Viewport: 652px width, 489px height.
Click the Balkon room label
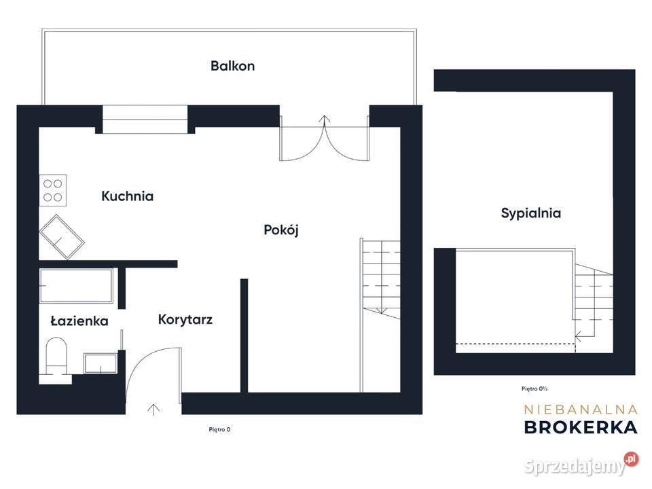pyautogui.click(x=232, y=66)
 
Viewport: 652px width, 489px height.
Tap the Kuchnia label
pyautogui.click(x=127, y=196)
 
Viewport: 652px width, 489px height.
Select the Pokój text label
pyautogui.click(x=281, y=230)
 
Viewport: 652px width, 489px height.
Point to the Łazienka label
pyautogui.click(x=79, y=321)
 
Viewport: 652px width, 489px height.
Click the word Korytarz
pyautogui.click(x=185, y=319)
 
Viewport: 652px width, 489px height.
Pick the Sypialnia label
pyautogui.click(x=531, y=213)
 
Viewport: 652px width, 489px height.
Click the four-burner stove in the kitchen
pyautogui.click(x=52, y=190)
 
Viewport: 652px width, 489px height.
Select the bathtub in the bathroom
pyautogui.click(x=77, y=287)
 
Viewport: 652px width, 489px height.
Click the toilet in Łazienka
pyautogui.click(x=55, y=357)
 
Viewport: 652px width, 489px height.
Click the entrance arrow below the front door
pyautogui.click(x=153, y=410)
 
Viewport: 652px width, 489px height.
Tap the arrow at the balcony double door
pyautogui.click(x=325, y=120)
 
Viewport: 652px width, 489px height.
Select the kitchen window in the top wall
pyautogui.click(x=145, y=120)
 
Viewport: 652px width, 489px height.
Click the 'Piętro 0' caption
pyautogui.click(x=219, y=429)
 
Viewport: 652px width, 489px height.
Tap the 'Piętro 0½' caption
pyautogui.click(x=535, y=389)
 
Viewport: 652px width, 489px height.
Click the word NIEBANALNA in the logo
pyautogui.click(x=581, y=409)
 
